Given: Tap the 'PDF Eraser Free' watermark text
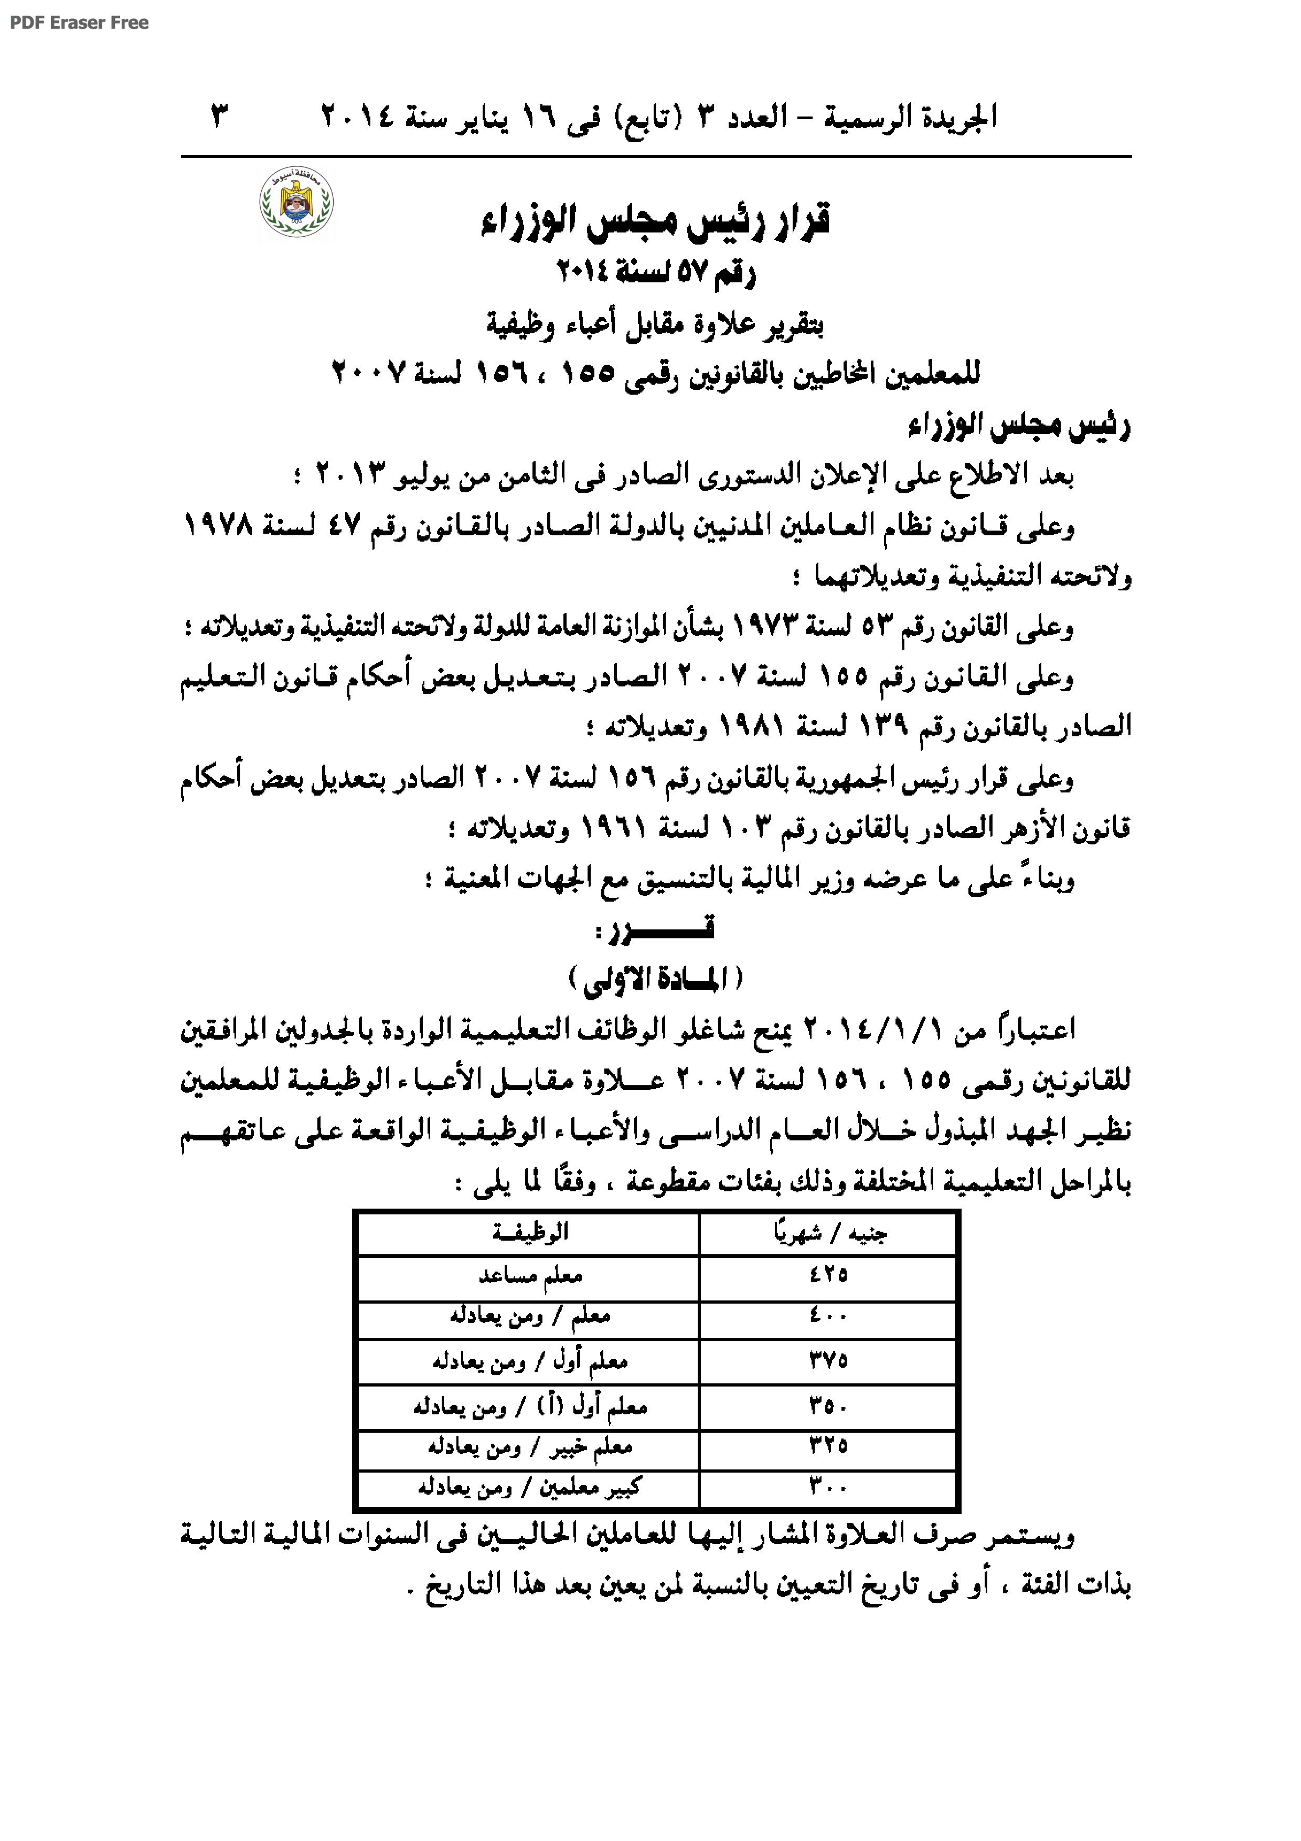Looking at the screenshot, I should [79, 23].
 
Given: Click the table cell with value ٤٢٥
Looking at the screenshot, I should [828, 1274].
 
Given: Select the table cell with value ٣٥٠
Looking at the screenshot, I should [828, 1405].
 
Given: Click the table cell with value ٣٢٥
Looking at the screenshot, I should [828, 1446].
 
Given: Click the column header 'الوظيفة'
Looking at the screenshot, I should [530, 1232].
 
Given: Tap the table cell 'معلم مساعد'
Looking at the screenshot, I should [530, 1275].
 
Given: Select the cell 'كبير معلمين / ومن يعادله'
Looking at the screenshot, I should [529, 1488].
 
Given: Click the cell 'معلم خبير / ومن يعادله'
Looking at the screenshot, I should [530, 1446].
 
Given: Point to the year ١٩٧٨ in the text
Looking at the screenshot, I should [219, 527].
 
